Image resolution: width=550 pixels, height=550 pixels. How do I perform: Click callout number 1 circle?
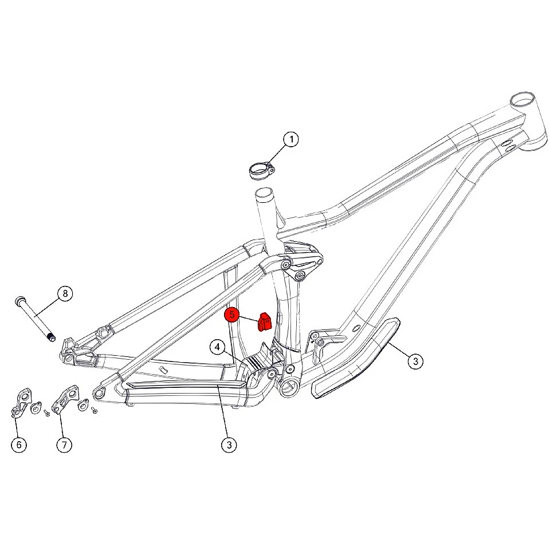point(291,139)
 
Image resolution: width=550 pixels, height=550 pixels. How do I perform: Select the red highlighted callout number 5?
point(232,315)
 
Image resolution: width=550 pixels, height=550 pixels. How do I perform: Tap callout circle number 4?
point(218,347)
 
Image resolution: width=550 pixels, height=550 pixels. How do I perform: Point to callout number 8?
point(65,293)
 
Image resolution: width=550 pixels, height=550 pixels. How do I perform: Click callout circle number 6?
point(19,445)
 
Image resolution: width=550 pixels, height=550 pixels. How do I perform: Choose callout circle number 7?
point(64,445)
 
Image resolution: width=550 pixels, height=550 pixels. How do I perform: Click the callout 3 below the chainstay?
point(229,445)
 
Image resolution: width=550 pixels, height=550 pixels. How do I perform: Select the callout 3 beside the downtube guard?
point(416,361)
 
